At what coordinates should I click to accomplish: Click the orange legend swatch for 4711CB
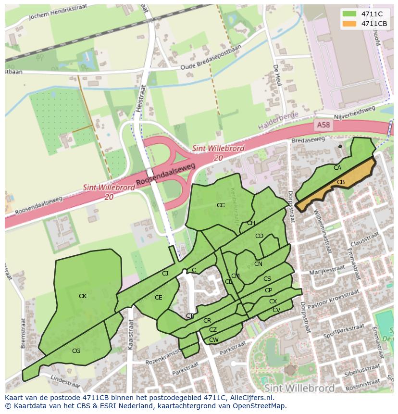[x=350, y=24]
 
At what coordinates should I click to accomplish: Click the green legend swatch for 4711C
[x=350, y=14]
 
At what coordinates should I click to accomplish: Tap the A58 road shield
[x=323, y=125]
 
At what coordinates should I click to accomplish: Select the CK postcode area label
[x=83, y=296]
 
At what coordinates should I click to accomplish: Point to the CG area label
[x=76, y=351]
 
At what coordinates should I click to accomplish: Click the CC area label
[x=221, y=205]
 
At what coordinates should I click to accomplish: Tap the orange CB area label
[x=340, y=182]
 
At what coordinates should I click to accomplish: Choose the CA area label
[x=337, y=168]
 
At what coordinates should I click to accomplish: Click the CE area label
[x=158, y=298]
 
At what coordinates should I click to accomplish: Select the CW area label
[x=213, y=340]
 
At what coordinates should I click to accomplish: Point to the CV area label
[x=276, y=310]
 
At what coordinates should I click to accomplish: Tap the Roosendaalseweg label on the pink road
[x=166, y=175]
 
